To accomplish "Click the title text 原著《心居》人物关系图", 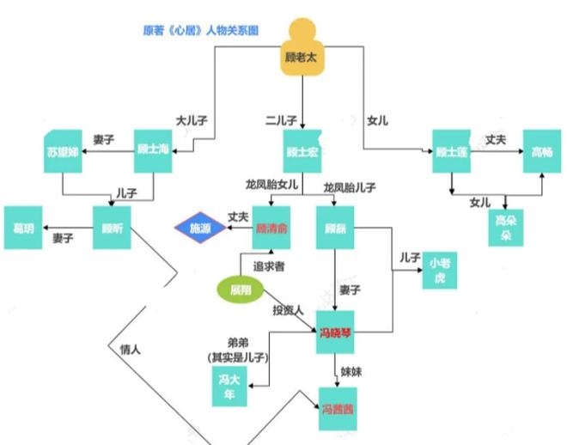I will pos(200,31).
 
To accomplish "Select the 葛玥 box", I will pos(24,228).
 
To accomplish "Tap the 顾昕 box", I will pos(112,228).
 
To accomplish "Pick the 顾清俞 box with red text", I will pos(270,229).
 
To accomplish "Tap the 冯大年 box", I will pos(228,386).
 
